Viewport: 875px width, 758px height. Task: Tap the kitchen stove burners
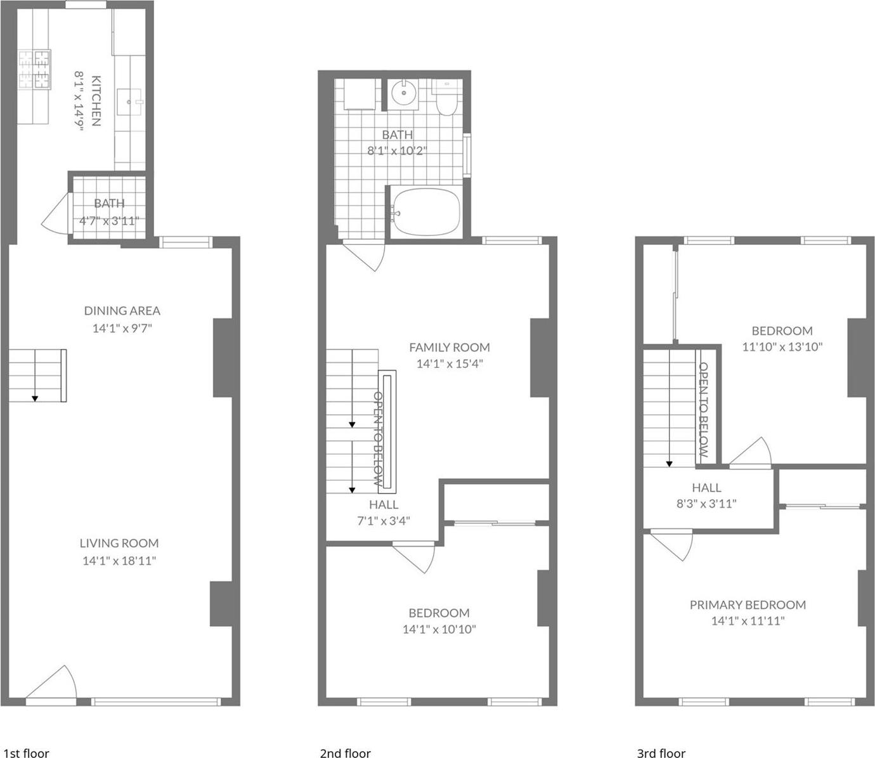coord(34,69)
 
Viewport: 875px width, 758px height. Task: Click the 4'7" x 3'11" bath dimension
coord(108,221)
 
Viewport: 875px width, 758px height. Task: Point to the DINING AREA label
coord(122,311)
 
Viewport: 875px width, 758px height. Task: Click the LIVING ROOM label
coord(119,543)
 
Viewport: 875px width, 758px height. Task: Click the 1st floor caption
coord(26,753)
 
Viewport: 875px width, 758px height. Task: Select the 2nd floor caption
coord(345,753)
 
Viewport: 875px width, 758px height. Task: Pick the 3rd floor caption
coord(661,753)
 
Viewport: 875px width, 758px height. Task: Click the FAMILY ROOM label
coord(450,347)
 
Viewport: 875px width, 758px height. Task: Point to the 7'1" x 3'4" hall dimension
coord(384,521)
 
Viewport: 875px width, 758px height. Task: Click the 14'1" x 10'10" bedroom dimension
coord(439,629)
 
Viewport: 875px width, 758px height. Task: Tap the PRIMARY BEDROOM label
coord(748,604)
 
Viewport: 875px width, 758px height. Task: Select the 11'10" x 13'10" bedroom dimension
coord(782,347)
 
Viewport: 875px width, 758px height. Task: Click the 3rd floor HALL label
coord(706,487)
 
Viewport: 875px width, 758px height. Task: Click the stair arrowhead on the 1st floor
coord(35,398)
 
